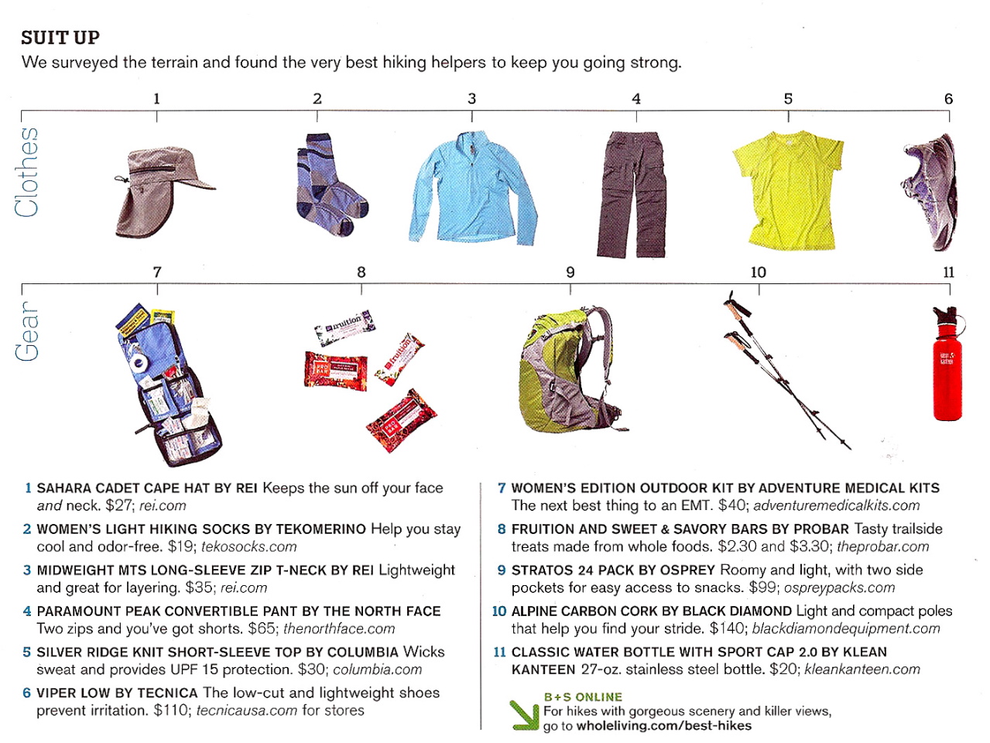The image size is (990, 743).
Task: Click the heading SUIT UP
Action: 60,38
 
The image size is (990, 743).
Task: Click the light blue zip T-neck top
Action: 473,190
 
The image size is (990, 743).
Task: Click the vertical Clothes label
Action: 27,172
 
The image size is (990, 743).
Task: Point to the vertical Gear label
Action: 27,331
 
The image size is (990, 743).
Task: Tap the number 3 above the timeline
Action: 472,99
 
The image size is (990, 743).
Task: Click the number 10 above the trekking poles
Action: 759,272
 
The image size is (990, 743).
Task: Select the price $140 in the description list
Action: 727,628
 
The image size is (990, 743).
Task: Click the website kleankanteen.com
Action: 862,669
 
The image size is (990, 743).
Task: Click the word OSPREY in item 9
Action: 687,570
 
